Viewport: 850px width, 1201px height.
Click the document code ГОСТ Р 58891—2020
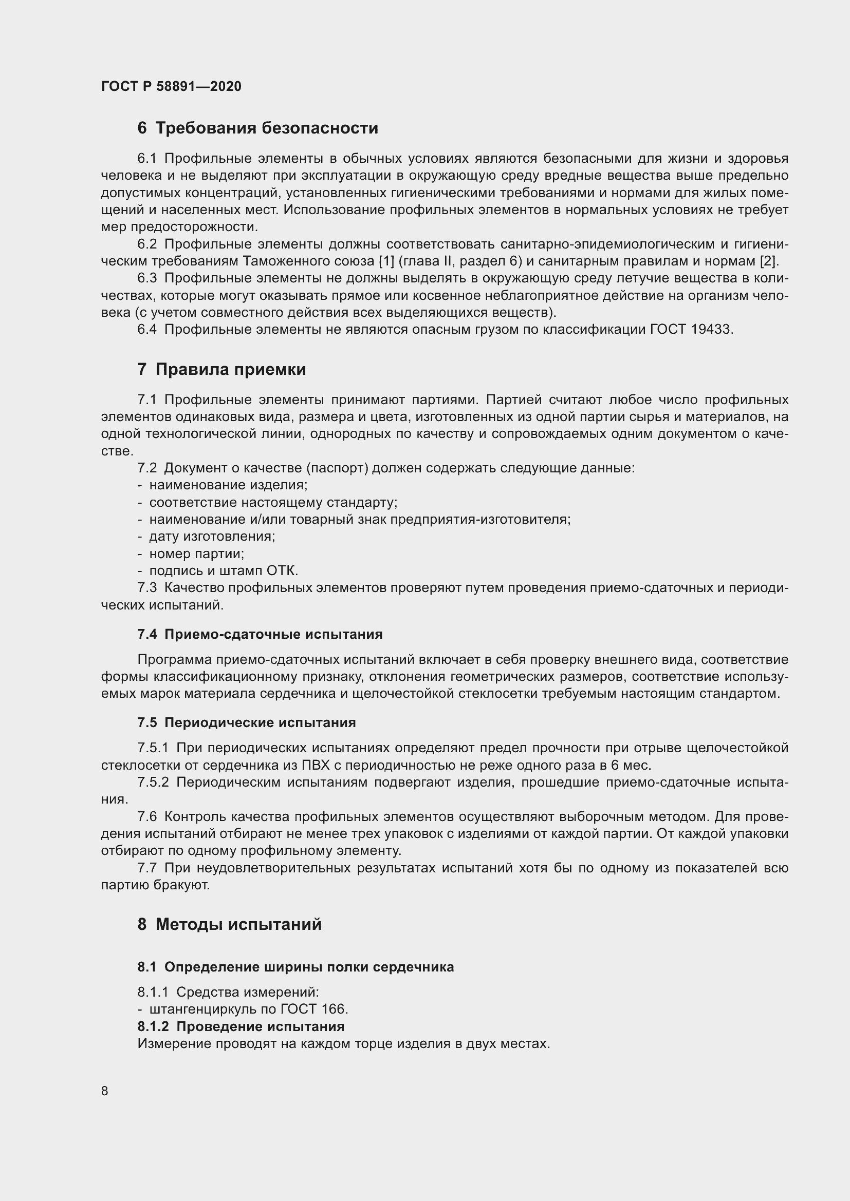pyautogui.click(x=171, y=86)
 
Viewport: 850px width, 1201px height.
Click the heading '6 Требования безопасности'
pyautogui.click(x=257, y=128)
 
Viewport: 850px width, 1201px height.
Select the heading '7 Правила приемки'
pyautogui.click(x=221, y=369)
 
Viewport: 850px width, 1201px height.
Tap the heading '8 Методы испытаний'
pyautogui.click(x=229, y=924)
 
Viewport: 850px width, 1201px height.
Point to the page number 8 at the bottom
pyautogui.click(x=105, y=1091)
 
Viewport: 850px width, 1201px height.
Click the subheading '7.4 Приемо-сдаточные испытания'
pyautogui.click(x=260, y=635)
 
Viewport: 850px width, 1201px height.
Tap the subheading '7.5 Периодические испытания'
pyautogui.click(x=247, y=723)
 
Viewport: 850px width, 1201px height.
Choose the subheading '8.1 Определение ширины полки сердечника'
pyautogui.click(x=295, y=967)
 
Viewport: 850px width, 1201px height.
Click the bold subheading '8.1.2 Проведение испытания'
pyautogui.click(x=241, y=1026)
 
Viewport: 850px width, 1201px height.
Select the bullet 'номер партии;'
pyautogui.click(x=197, y=554)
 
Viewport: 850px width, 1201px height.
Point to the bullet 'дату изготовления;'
pyautogui.click(x=212, y=536)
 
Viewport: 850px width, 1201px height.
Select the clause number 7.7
pyautogui.click(x=147, y=868)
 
